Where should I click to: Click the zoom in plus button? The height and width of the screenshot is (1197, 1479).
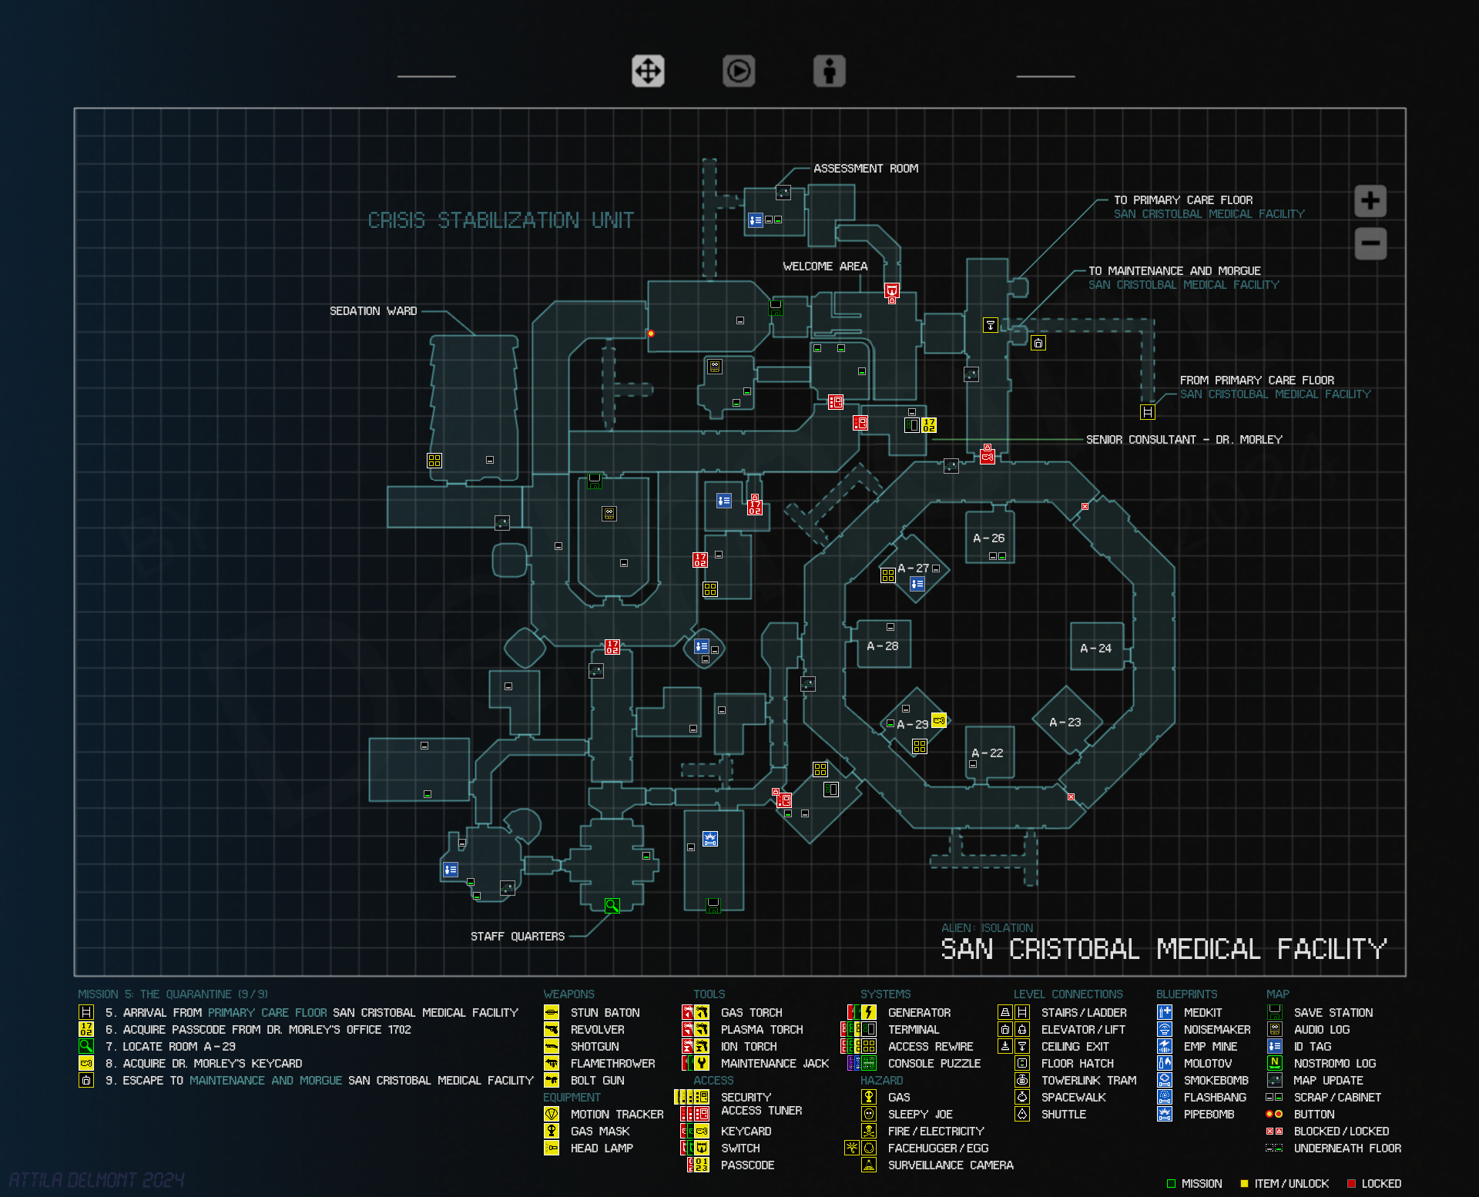[1370, 201]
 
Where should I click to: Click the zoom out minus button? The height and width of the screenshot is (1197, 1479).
[1370, 243]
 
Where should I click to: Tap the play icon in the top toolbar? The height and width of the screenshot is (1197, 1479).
[738, 72]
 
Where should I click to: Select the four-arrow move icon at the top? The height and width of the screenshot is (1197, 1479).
[648, 72]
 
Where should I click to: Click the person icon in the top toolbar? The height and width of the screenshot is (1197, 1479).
[829, 72]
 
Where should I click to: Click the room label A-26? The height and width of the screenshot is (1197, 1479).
[988, 538]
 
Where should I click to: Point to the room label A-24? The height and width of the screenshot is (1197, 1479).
[1095, 649]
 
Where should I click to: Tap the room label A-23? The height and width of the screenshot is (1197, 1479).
[1065, 723]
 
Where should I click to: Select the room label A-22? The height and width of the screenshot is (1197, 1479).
[987, 753]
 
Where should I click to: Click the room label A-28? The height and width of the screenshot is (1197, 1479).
[882, 646]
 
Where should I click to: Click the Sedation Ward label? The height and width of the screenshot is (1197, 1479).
[373, 311]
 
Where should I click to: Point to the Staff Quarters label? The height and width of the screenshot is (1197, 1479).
[517, 937]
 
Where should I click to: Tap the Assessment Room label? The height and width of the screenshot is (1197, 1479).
[865, 169]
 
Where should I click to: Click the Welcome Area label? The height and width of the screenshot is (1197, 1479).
[824, 267]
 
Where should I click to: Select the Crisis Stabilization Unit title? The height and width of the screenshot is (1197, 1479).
[501, 221]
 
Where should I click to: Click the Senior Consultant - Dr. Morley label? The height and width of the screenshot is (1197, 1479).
[1184, 440]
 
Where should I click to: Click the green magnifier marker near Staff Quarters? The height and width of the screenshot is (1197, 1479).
[612, 906]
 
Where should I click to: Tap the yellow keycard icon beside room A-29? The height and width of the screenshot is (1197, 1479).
[938, 721]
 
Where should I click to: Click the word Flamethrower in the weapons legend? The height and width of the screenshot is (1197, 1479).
[612, 1064]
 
